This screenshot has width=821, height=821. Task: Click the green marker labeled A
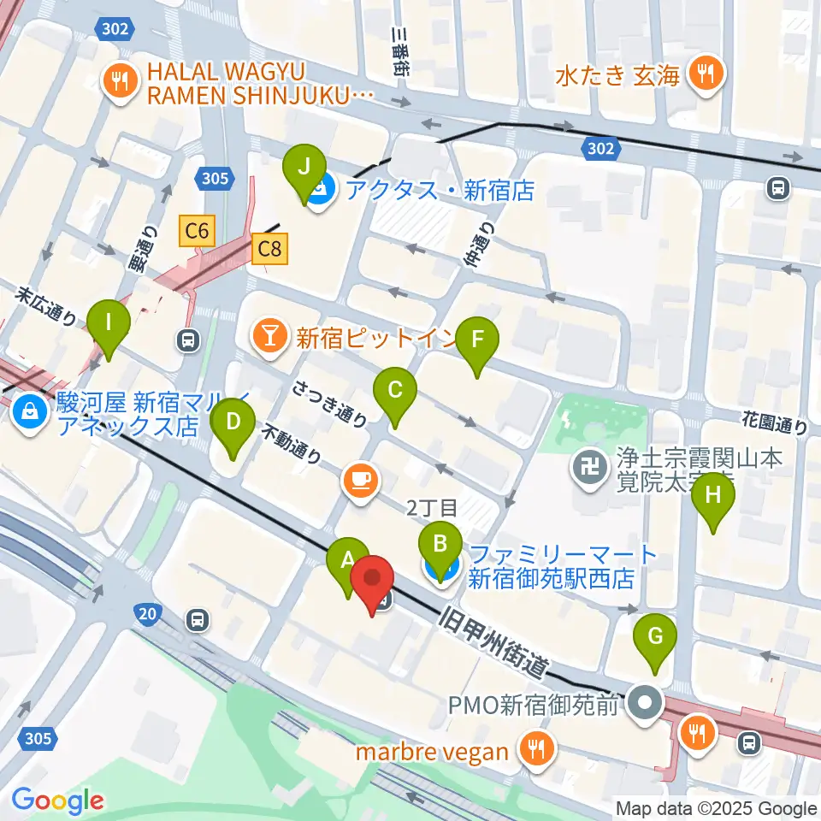(348, 562)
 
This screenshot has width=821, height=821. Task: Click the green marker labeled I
(108, 324)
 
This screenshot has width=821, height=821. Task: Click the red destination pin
(373, 579)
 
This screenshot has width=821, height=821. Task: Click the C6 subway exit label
(198, 229)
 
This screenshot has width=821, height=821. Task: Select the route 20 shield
(147, 612)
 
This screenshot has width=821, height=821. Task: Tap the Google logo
(57, 800)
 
